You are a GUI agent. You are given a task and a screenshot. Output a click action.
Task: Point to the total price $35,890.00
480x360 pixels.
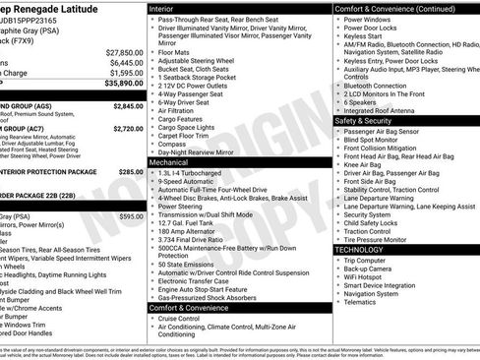pos(123,84)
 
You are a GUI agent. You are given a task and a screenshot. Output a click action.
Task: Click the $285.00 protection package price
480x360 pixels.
pos(131,170)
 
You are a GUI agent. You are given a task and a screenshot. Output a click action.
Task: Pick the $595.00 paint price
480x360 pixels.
pos(131,215)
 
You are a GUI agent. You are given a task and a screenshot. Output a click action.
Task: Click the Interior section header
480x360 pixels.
pos(168,7)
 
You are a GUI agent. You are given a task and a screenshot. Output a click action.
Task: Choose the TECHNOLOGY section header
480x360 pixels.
pos(368,250)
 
